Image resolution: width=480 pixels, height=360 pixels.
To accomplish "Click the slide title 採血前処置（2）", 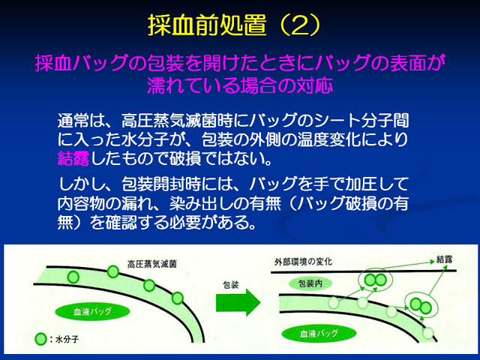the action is click(234, 25).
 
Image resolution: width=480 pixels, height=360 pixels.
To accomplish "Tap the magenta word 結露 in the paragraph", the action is click(73, 159).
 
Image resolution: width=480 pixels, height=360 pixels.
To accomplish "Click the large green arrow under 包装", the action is click(238, 302).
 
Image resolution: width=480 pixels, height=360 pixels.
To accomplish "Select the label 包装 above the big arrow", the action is click(230, 285).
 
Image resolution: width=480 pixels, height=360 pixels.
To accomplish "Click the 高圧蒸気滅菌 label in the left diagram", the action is click(151, 264).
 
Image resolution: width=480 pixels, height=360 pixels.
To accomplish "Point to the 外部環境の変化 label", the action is click(303, 262).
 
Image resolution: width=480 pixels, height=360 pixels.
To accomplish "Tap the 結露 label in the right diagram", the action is click(444, 260).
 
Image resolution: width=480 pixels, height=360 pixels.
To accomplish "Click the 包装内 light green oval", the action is click(310, 283).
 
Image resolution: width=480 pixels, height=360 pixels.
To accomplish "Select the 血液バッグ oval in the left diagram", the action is click(92, 312).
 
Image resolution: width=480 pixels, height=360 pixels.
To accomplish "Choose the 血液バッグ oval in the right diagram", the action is click(319, 333).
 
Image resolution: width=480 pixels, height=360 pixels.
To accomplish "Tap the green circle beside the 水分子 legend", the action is click(40, 339).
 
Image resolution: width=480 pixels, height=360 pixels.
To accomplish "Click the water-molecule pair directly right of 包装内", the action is click(375, 280).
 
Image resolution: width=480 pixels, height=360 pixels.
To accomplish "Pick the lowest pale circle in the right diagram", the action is click(428, 333).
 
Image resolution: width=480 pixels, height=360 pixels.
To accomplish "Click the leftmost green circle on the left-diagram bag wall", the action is click(73, 277).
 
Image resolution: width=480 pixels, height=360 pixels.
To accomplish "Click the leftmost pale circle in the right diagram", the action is click(334, 303).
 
